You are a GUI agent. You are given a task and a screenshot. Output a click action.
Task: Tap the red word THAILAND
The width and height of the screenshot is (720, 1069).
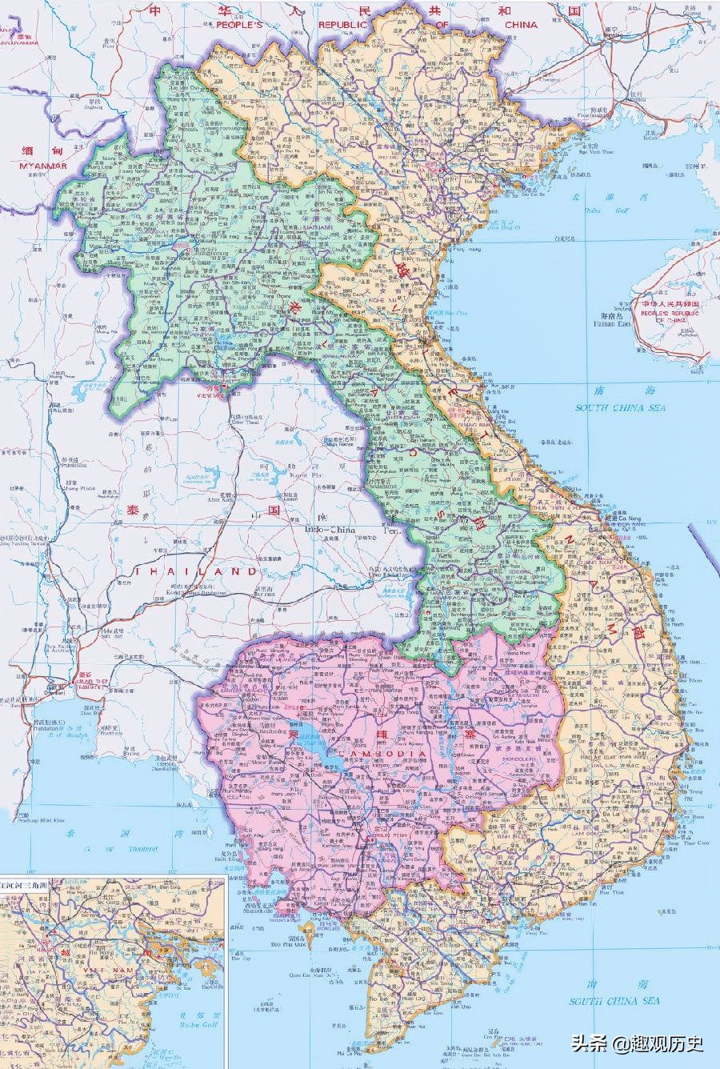[x=196, y=571]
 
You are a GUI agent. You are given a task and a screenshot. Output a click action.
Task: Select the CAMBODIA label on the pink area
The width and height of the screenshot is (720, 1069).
[x=384, y=755]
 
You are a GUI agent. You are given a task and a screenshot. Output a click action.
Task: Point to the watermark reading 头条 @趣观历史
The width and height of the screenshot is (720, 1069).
[x=637, y=1043]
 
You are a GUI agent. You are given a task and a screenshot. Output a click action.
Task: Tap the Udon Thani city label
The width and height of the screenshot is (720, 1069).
[x=247, y=425]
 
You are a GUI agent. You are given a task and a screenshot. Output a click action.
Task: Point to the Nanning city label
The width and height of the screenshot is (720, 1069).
[x=614, y=31]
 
